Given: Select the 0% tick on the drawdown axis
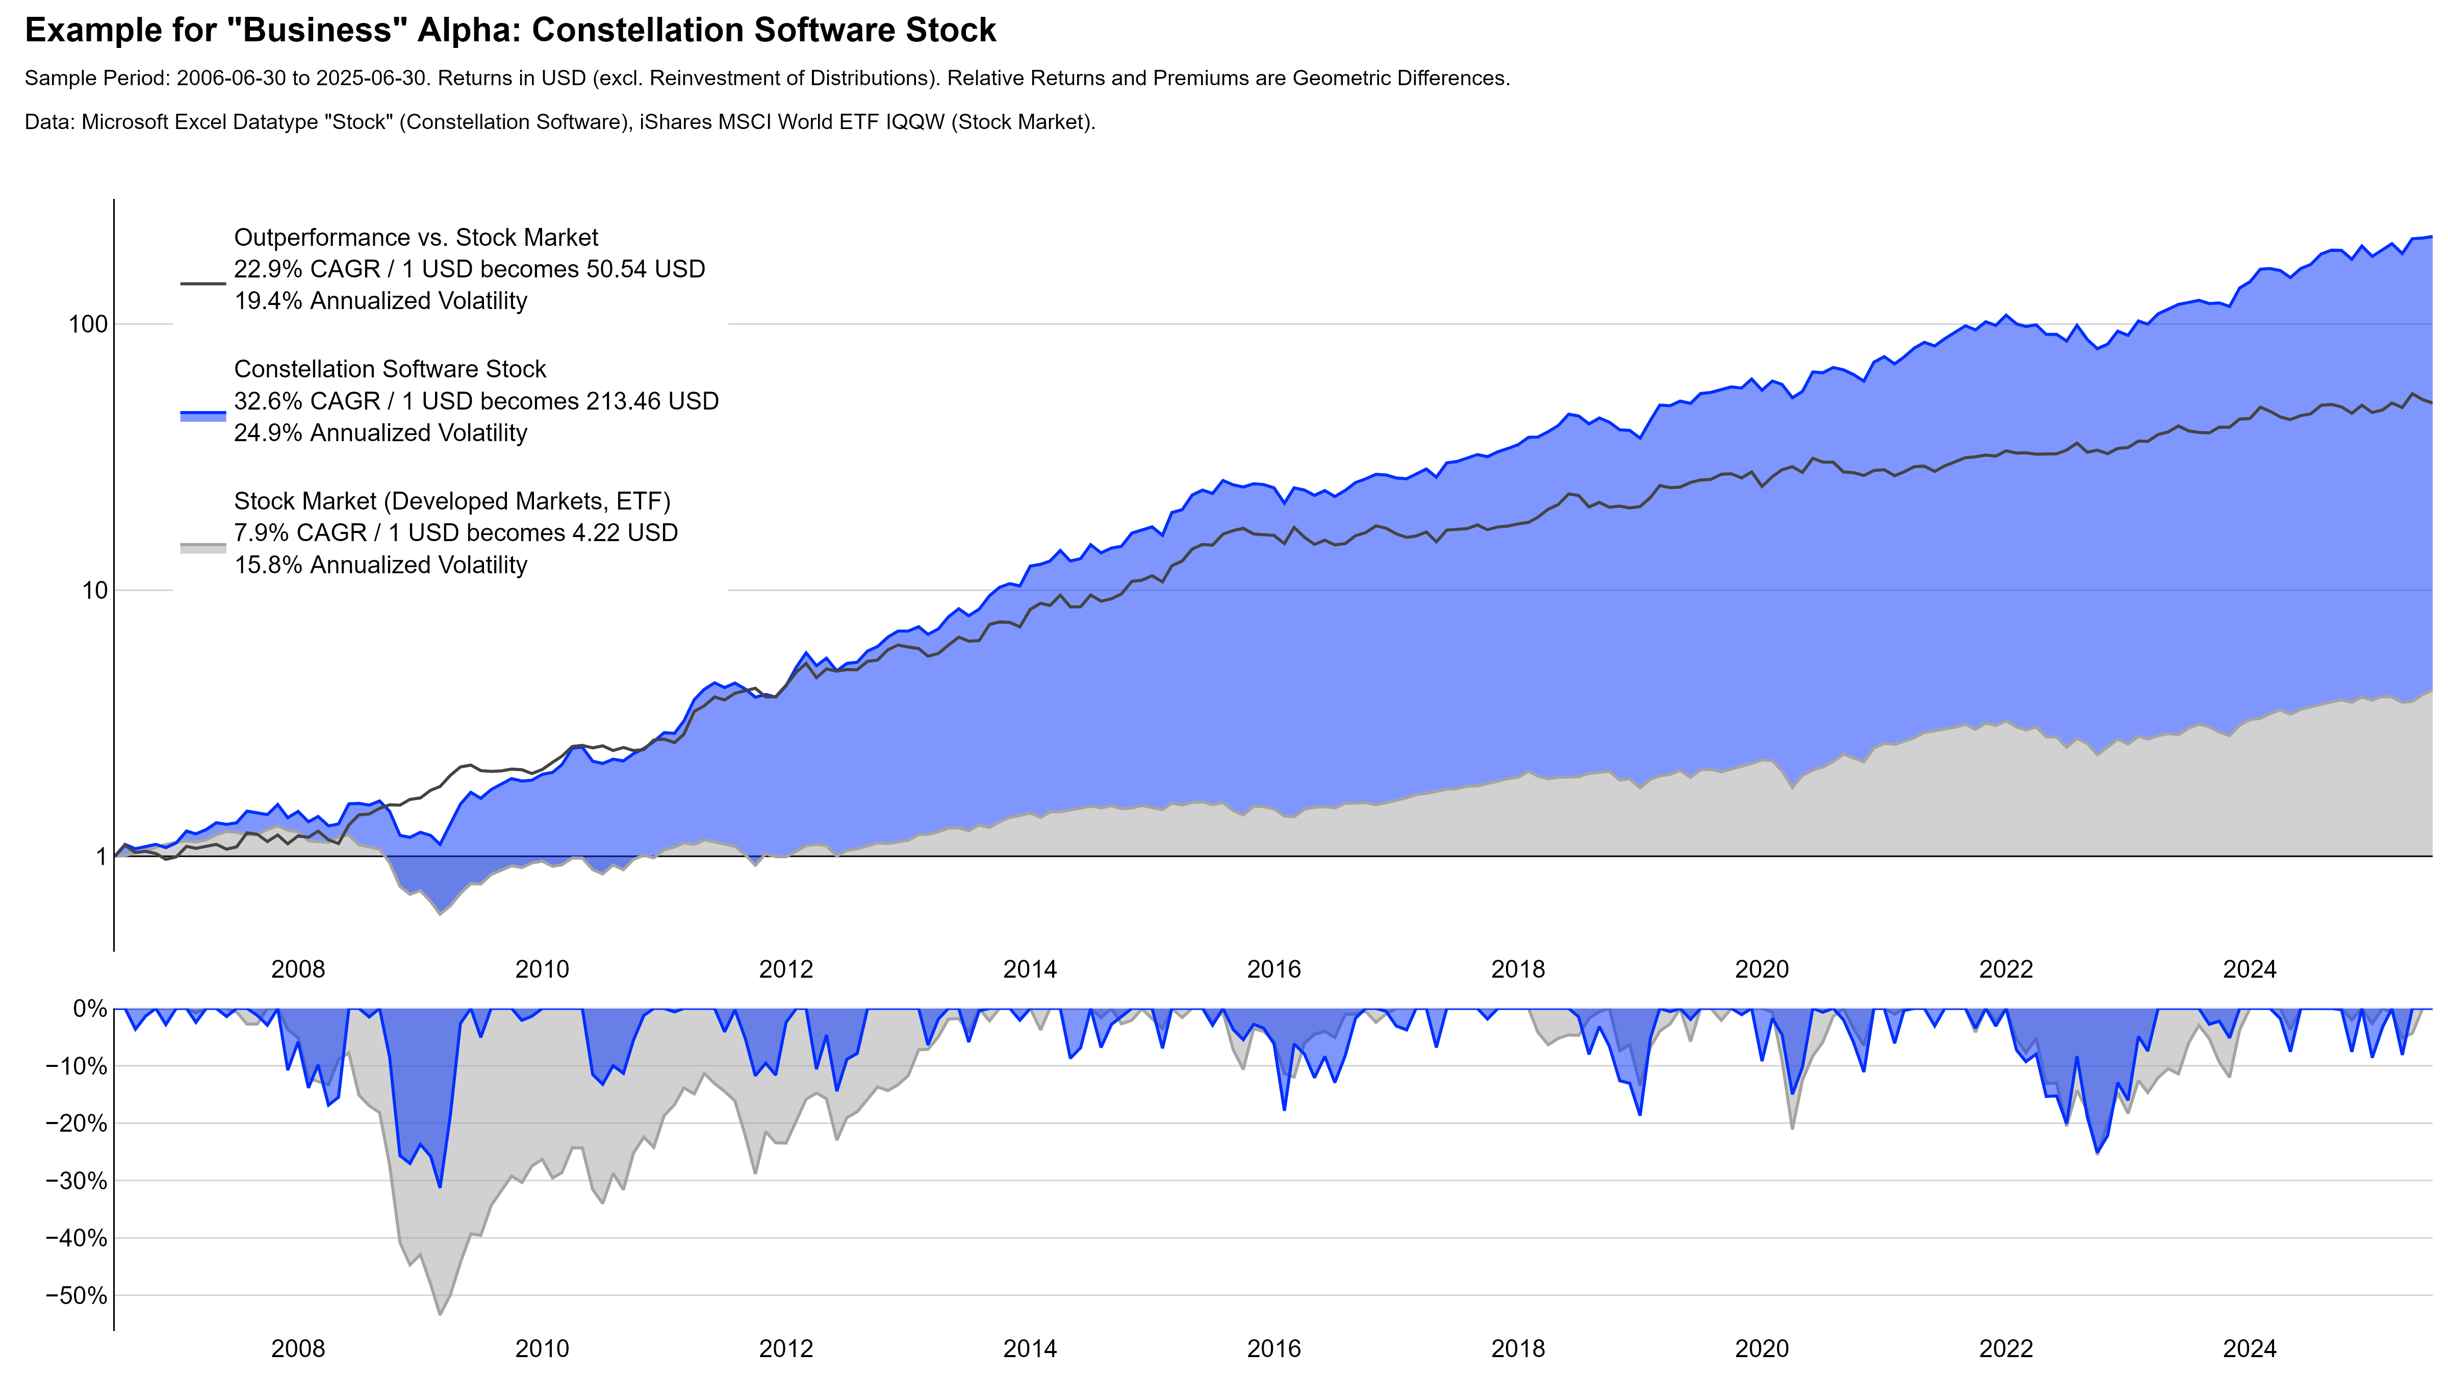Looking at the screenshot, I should (x=90, y=1009).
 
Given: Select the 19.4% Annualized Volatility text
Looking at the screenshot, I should (x=380, y=301).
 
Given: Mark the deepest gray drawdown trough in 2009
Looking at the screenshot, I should (x=440, y=1314).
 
